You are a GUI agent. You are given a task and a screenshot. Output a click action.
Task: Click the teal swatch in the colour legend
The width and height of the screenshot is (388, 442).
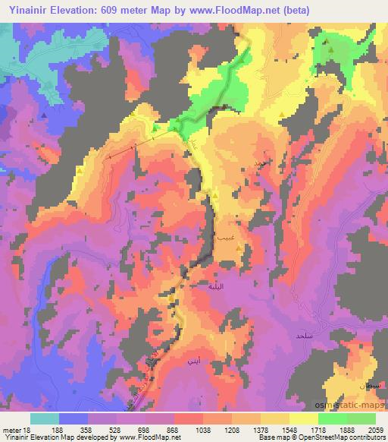click(x=45, y=418)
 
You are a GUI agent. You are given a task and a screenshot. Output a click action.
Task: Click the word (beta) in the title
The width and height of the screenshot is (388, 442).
click(x=293, y=8)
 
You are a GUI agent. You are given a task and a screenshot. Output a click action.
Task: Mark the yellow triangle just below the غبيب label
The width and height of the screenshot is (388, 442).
click(x=239, y=248)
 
